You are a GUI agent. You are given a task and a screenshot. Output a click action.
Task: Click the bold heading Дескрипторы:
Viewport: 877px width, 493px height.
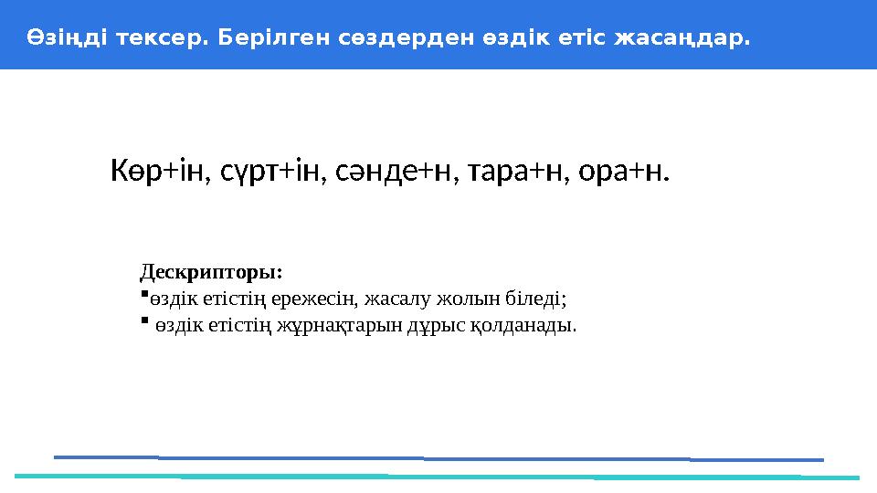(211, 272)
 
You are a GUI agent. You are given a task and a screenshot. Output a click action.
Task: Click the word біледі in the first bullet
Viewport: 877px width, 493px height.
(539, 298)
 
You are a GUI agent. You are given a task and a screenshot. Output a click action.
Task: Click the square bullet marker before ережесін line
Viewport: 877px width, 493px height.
(144, 294)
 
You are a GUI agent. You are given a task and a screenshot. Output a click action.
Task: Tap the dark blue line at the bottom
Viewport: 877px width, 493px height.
(438, 458)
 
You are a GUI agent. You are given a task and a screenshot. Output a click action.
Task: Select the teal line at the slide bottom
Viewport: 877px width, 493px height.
(438, 477)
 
